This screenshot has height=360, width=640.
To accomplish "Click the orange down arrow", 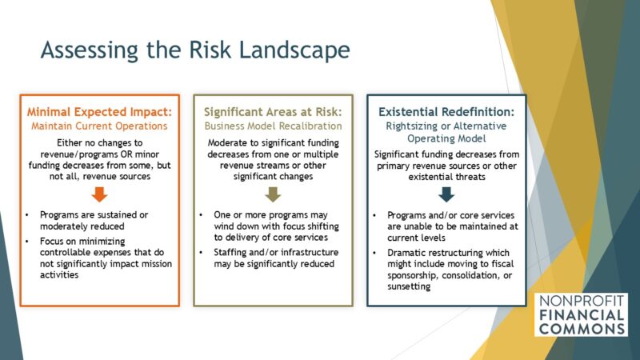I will [99, 193].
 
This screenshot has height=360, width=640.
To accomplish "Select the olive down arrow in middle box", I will [273, 193].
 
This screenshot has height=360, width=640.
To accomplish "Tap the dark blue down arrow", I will [446, 193].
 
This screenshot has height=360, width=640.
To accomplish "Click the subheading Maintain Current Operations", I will [99, 126].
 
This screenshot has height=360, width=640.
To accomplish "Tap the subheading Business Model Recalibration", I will [273, 126].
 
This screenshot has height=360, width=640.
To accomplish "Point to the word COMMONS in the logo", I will [582, 329].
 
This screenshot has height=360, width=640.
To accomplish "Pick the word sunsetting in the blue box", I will [410, 286].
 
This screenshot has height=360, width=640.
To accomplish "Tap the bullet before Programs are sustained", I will [29, 215].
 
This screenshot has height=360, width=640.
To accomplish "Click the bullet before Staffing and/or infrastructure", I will [202, 252].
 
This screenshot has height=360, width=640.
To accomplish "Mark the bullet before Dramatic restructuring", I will [376, 252].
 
